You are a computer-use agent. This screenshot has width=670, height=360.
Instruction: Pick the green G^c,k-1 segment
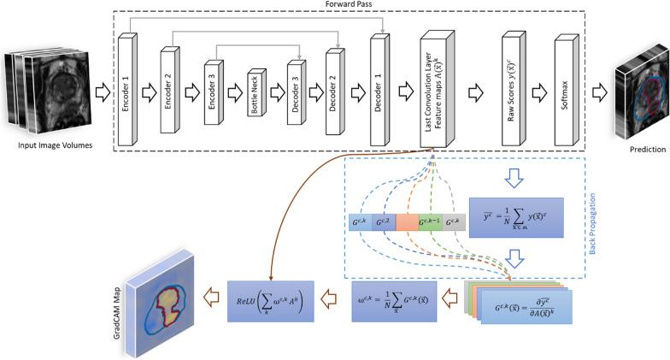431,224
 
